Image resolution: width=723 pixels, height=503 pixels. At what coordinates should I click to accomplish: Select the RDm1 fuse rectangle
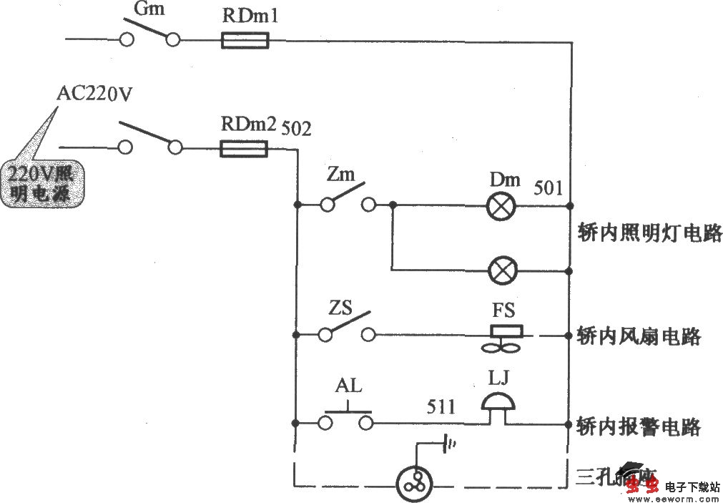(x=245, y=41)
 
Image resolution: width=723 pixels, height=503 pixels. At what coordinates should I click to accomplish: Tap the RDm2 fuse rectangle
(x=244, y=149)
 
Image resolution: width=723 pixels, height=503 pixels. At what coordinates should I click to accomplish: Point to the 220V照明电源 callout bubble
(x=44, y=183)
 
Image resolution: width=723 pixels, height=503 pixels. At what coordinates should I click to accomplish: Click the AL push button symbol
(x=348, y=417)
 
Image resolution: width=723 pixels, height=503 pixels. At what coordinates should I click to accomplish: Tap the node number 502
(x=297, y=129)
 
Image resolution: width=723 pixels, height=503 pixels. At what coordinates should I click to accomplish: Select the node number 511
(x=441, y=407)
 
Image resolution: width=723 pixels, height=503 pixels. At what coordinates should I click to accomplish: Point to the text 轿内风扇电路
(x=639, y=336)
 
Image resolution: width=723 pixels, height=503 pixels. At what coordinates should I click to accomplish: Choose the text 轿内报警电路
(x=639, y=427)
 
